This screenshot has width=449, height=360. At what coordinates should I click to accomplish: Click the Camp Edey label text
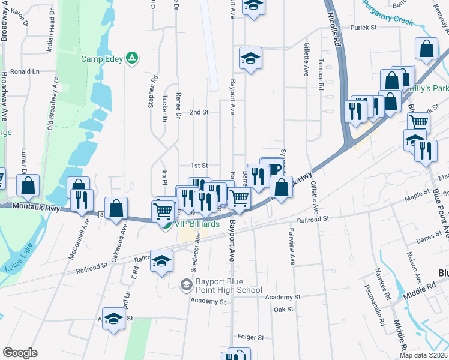click(102, 59)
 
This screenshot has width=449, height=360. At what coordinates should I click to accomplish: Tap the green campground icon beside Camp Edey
click(133, 59)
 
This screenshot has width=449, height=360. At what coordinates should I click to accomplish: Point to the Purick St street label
click(363, 28)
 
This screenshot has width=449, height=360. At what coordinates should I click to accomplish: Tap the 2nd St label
click(199, 112)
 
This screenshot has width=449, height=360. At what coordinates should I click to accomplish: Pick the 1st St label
click(199, 166)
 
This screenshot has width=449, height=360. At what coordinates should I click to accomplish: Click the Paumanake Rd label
click(380, 307)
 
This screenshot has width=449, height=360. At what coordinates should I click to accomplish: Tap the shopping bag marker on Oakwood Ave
click(117, 209)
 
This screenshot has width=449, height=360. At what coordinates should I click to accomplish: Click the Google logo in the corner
click(20, 353)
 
